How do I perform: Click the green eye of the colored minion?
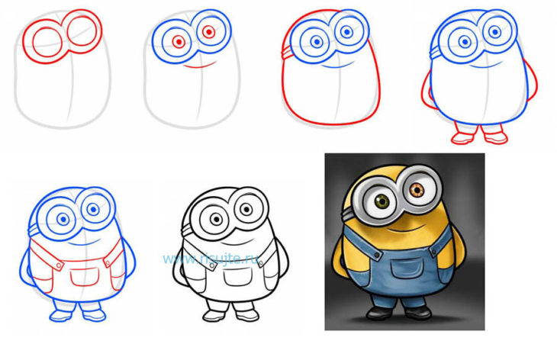pyautogui.click(x=382, y=202)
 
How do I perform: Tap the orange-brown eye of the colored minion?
pyautogui.click(x=417, y=190)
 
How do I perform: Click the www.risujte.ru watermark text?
pyautogui.click(x=211, y=259)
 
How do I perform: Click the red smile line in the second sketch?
pyautogui.click(x=200, y=65)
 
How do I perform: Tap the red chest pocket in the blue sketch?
pyautogui.click(x=85, y=278)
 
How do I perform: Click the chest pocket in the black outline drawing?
pyautogui.click(x=238, y=277)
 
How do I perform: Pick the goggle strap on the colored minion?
pyautogui.click(x=348, y=214)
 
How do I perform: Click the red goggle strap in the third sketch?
pyautogui.click(x=287, y=53)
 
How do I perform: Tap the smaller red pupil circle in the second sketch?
pyautogui.click(x=209, y=32)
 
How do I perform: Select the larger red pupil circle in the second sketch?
pyautogui.click(x=179, y=42)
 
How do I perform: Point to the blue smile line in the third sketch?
pyautogui.click(x=337, y=66)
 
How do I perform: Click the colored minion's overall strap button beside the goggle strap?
pyautogui.click(x=376, y=255)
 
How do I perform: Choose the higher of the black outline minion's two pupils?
pyautogui.click(x=246, y=209)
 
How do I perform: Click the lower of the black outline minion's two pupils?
pyautogui.click(x=216, y=219)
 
